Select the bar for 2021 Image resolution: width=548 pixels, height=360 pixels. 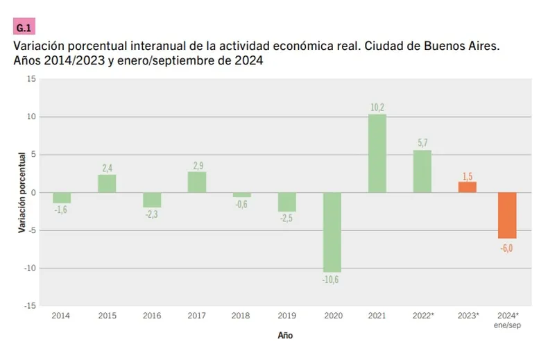point(377,153)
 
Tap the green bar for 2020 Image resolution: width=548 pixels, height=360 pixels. point(332,232)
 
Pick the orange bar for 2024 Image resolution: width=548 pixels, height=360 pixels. point(507,215)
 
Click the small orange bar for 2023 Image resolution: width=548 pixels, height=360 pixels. point(468,187)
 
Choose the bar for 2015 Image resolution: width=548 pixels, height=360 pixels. point(107,183)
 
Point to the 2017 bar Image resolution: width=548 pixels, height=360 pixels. point(197,182)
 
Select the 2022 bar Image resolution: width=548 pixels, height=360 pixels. point(422,171)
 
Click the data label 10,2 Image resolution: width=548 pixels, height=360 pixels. point(377,107)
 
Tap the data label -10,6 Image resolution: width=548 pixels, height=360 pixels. point(332,280)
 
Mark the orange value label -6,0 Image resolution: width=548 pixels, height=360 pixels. point(507,247)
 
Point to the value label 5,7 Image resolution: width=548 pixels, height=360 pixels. point(422,143)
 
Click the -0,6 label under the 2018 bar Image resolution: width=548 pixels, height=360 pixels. point(242,204)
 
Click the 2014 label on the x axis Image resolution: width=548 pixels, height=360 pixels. point(62,316)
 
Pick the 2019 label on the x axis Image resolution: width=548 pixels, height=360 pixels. point(287,316)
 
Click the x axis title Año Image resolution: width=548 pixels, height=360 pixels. point(285,335)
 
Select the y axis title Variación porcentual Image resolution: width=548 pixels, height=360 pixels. point(23,192)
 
